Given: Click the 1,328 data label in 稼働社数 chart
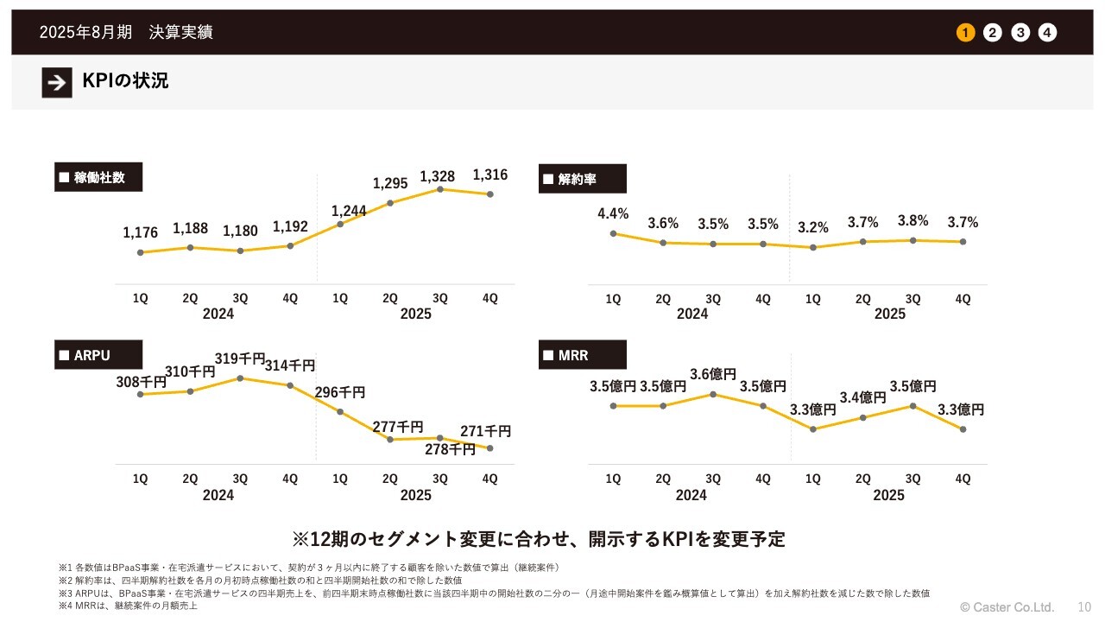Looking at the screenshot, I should pyautogui.click(x=438, y=176).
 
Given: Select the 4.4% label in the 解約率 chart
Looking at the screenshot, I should pyautogui.click(x=613, y=214).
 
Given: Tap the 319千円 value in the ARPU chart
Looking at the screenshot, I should pyautogui.click(x=239, y=359).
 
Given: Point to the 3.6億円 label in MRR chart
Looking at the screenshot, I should pyautogui.click(x=713, y=375).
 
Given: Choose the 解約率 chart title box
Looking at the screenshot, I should pyautogui.click(x=583, y=179).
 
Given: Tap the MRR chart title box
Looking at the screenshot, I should pyautogui.click(x=583, y=355).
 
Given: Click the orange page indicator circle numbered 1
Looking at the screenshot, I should pyautogui.click(x=965, y=33).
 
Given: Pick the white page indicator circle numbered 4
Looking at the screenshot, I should pyautogui.click(x=1047, y=33).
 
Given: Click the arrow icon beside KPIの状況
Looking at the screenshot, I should pyautogui.click(x=57, y=82).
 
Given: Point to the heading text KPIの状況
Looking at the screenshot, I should pyautogui.click(x=125, y=81).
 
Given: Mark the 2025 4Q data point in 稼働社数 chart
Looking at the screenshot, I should pyautogui.click(x=490, y=194).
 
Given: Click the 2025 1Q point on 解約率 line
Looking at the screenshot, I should pyautogui.click(x=813, y=247).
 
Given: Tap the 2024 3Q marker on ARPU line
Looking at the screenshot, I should pyautogui.click(x=240, y=378).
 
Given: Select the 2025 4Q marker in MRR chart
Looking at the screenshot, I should pyautogui.click(x=963, y=429).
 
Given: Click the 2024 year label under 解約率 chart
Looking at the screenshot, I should pyautogui.click(x=691, y=314).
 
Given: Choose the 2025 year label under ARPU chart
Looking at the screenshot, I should pyautogui.click(x=415, y=495).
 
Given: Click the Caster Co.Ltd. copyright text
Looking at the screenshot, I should pyautogui.click(x=1007, y=606).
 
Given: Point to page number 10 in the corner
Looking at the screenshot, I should pyautogui.click(x=1084, y=606).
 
